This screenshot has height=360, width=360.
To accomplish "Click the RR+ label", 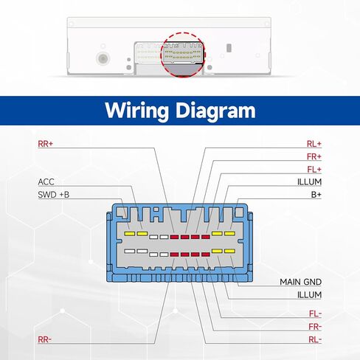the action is point(46,144).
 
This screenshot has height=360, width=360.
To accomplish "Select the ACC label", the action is point(46,182).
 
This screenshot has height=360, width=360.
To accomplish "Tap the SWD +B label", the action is point(54,195).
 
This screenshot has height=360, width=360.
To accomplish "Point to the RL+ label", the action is point(314,144).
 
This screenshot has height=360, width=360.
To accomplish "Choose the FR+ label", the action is point(314,156).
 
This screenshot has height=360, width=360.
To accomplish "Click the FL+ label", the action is point(314,170).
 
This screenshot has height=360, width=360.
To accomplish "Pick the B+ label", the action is point(316,195).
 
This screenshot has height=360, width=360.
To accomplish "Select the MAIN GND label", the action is point(301,282).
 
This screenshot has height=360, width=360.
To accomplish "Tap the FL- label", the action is point(315,314).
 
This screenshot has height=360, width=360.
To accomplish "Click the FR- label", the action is point(315,327).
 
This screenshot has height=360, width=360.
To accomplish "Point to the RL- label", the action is point(315,339).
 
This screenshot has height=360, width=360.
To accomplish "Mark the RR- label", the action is point(45,339).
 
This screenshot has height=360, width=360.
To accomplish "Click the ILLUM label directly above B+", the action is point(309,182).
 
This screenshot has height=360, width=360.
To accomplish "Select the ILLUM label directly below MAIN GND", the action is point(309,295).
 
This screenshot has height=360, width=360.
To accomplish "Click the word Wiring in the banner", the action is point(136,111).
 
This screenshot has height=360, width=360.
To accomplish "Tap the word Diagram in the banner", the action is point(215,111).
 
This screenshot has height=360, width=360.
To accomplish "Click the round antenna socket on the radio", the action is point(103,58).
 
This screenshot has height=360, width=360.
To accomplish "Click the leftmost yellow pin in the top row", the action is point(130,234).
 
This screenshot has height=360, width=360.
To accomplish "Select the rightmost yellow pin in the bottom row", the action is point(229,251).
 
